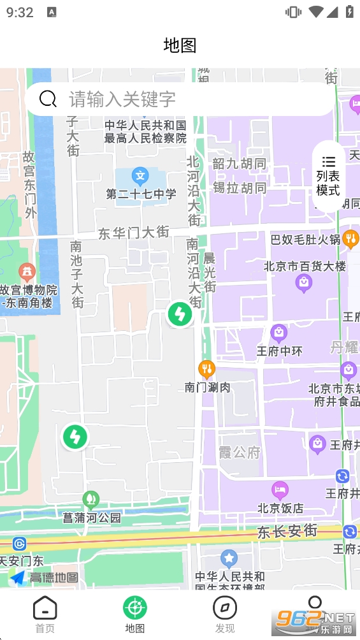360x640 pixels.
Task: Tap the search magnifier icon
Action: [48, 99]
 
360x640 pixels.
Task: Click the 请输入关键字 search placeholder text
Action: [122, 99]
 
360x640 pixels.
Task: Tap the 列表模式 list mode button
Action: [328, 176]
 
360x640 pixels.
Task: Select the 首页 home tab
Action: [45, 615]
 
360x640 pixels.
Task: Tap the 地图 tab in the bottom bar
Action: [134, 615]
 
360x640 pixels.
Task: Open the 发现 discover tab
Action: [224, 615]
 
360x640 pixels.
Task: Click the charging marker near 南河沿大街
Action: [180, 314]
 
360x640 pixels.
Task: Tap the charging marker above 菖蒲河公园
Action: [75, 437]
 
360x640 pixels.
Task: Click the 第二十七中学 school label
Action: [141, 194]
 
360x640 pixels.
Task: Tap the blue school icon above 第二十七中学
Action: [140, 175]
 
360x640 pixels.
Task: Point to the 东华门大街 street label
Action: [134, 233]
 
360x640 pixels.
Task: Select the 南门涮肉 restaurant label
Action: [207, 386]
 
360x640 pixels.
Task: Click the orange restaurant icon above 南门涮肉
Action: [206, 369]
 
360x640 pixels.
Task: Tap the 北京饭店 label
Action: [280, 508]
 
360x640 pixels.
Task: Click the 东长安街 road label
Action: [287, 530]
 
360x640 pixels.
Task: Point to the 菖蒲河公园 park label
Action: [92, 518]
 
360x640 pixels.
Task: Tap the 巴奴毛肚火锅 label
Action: [305, 240]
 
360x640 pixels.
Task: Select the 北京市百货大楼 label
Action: [305, 266]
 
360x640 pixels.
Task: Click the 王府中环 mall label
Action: [279, 351]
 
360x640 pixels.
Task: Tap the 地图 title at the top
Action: [180, 45]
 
